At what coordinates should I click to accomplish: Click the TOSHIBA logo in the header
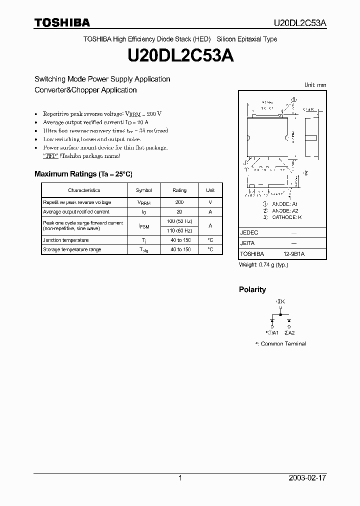[62, 22]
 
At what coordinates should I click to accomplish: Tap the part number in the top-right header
[300, 23]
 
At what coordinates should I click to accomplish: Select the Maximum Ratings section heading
[83, 174]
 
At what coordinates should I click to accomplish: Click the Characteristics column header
[84, 190]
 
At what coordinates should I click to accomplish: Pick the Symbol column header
[143, 190]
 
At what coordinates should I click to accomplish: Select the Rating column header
[179, 190]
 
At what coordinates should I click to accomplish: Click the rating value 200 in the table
[179, 202]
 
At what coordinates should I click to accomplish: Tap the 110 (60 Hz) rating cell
[179, 230]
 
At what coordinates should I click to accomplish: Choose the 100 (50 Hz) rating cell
[179, 221]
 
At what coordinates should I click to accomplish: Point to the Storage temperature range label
[72, 249]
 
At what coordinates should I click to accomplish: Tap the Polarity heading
[252, 289]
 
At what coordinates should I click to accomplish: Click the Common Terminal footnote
[280, 343]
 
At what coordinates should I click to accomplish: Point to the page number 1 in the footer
[180, 478]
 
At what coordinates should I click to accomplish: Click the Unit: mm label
[315, 85]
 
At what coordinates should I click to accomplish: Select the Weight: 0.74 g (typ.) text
[263, 264]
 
